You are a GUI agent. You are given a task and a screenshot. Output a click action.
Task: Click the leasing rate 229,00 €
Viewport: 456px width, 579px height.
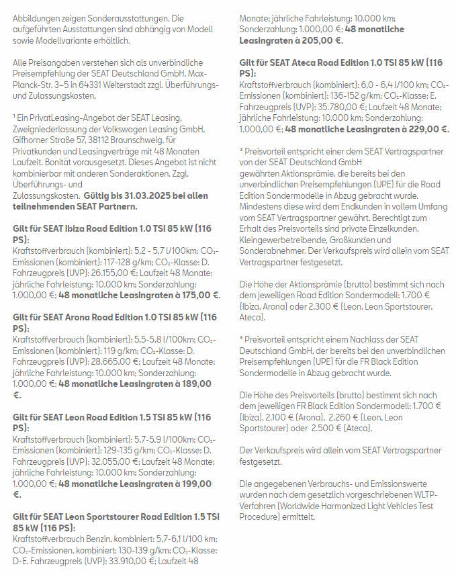click(424, 128)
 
